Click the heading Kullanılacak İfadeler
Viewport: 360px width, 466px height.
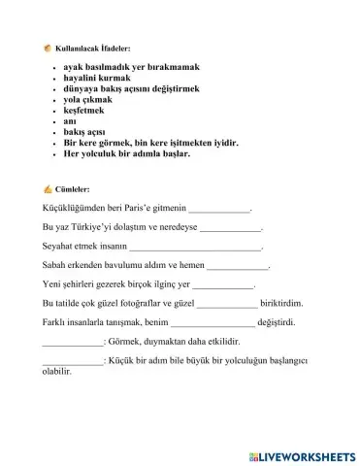point(93,49)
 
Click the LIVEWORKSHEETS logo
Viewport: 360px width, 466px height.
point(303,454)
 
